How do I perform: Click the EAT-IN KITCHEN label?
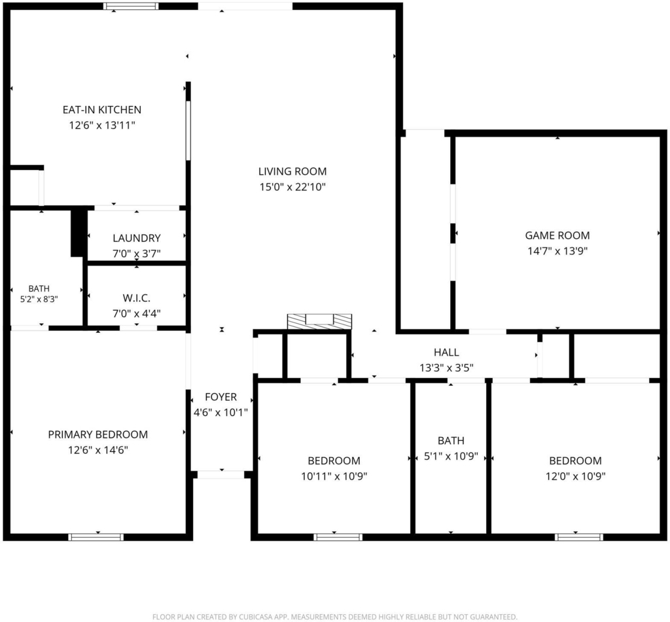101,110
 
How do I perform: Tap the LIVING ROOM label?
292,171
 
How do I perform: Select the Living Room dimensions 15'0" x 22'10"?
292,187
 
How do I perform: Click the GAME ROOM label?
557,235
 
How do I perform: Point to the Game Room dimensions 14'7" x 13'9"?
557,251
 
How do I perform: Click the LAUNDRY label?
137,238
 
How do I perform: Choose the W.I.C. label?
137,298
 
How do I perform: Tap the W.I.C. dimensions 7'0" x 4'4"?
137,313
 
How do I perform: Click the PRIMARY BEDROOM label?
98,434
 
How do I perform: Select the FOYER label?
221,397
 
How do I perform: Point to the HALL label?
446,352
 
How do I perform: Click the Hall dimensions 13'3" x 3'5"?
446,368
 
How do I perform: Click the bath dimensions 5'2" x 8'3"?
39,299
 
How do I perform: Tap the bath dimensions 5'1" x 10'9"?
451,457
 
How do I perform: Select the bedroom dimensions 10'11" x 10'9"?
334,476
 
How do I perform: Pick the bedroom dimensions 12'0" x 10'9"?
576,476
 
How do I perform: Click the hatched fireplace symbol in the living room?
319,322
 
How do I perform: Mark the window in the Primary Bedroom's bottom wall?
96,537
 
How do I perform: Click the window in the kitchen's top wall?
132,6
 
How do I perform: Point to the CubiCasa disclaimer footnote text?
335,617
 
